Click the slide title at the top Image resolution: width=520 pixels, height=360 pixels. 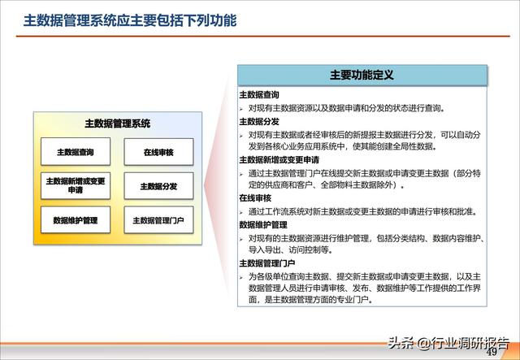130,20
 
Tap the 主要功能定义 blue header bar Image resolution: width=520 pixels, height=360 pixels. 362,75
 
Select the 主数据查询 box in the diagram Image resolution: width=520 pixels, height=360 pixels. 76,152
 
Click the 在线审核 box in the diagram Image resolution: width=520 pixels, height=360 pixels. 158,152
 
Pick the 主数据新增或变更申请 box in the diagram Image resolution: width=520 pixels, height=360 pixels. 76,185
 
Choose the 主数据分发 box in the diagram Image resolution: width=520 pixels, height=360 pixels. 158,186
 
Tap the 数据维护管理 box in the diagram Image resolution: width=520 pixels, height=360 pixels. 76,220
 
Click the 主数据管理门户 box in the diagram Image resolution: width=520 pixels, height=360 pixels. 158,220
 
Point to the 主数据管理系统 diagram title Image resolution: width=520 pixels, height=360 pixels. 118,124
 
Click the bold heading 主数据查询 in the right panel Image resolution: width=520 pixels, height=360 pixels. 259,95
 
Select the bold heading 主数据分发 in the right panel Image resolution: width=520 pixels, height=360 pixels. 259,122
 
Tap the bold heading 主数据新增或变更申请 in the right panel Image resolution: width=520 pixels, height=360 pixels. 279,160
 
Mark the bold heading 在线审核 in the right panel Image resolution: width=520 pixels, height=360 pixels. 255,198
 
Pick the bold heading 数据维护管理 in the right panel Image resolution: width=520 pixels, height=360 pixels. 263,225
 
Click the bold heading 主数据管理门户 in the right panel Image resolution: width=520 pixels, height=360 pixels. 267,263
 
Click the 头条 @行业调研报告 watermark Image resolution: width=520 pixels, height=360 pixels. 448,343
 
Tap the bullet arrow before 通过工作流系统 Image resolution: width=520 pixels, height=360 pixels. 241,212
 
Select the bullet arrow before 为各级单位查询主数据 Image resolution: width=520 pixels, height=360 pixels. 241,277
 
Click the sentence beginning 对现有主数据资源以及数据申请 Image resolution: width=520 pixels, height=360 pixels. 347,109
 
